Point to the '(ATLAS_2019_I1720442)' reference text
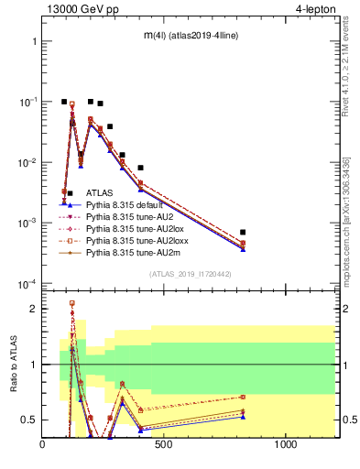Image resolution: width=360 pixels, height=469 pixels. [x=190, y=274]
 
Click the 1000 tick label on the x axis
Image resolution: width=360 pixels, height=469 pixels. [x=286, y=446]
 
